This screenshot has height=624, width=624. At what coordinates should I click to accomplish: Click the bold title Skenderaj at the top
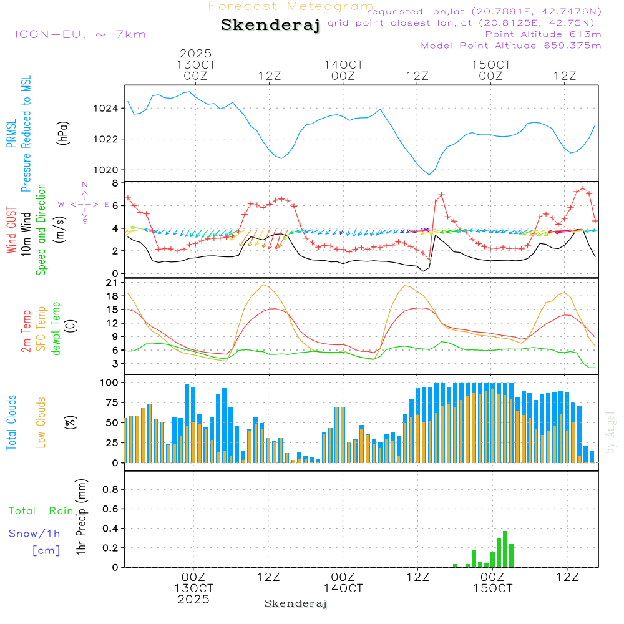pos(270,26)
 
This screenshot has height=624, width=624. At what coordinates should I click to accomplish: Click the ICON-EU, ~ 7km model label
pos(80,34)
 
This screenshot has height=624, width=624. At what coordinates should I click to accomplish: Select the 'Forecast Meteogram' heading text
pos(291,6)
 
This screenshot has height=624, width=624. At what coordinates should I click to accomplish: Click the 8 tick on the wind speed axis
pos(115,183)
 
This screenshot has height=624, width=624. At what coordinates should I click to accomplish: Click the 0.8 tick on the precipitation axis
pos(110,489)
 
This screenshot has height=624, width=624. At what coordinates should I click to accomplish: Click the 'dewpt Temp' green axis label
pos(56,329)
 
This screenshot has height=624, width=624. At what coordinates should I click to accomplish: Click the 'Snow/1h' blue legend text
pos(35,534)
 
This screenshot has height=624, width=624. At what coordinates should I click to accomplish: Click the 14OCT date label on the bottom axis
pos(343,588)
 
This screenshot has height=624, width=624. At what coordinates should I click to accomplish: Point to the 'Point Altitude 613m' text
pos(543,34)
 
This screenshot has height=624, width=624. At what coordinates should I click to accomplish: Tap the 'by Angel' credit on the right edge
pos(611,441)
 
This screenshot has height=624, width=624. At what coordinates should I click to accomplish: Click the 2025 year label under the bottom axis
pos(193,600)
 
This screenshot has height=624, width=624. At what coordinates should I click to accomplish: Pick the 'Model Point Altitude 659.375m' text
pos(511,46)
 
